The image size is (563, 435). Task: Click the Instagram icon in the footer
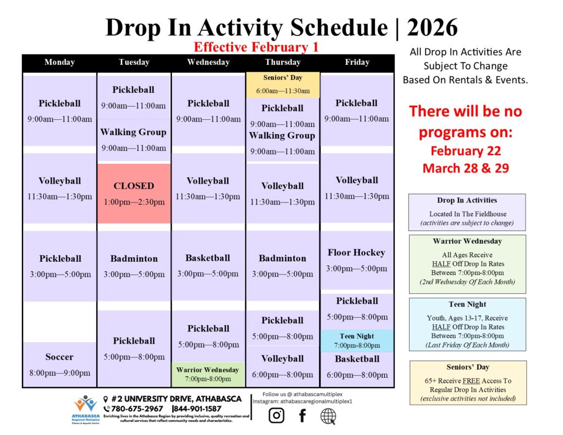pos(276,415)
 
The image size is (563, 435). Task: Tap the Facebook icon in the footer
pos(302,416)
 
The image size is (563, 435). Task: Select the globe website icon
pos(328,416)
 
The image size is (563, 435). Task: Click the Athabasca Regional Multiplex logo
pos(86,410)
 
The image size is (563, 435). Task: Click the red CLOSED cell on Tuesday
pos(134,194)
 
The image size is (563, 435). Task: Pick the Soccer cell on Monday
pos(59,364)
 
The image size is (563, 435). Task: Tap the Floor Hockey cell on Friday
pos(356,260)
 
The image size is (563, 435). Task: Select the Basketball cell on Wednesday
pos(208,266)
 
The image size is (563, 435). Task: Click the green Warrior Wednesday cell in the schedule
pos(208,375)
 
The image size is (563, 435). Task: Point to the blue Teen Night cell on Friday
pos(357,340)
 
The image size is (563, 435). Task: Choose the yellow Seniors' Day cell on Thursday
pos(283,84)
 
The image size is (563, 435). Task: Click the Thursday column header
pos(283,62)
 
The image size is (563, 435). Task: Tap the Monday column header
pos(59,62)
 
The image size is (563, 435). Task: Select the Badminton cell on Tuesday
pos(134,266)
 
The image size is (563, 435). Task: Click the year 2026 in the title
pos(432,27)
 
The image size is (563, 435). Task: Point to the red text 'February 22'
pos(466,151)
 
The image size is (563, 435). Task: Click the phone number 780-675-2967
pos(137,409)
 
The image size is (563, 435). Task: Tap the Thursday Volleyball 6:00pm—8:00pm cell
pos(283,366)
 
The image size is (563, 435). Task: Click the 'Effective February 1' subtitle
pos(256,47)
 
